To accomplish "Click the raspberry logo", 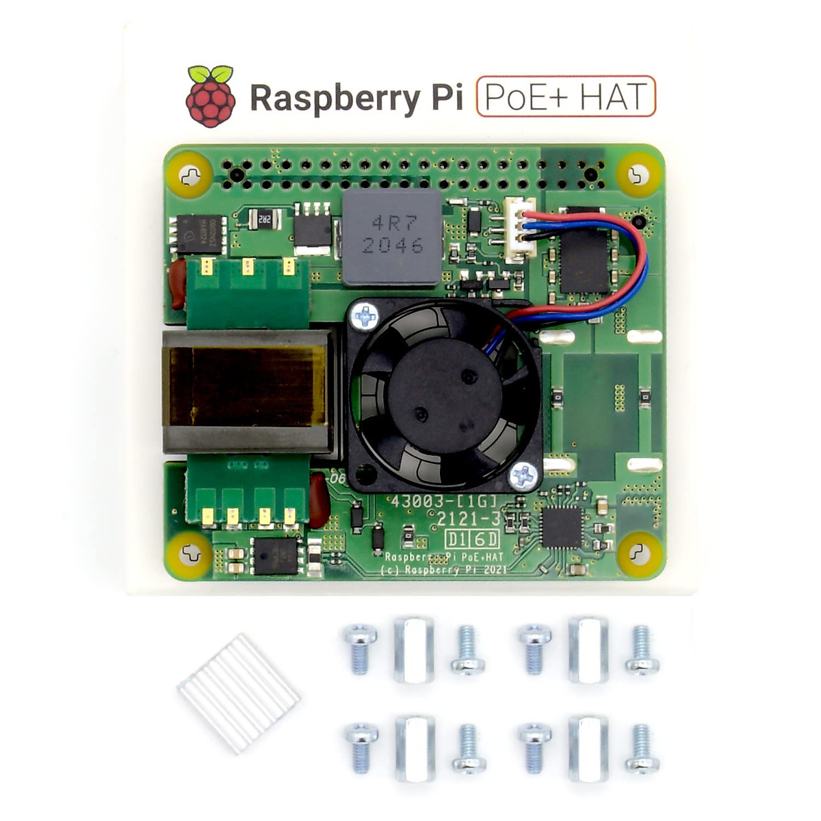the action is coord(211,96).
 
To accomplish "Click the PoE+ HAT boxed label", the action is coord(566,96).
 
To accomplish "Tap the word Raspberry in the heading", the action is coord(333,98).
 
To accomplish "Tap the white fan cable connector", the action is coord(520,229).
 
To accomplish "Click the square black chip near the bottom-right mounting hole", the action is coord(561,527).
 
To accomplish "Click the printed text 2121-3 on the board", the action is coord(469,519).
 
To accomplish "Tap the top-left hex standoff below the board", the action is coord(413,650).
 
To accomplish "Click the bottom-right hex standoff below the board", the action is coord(588,748).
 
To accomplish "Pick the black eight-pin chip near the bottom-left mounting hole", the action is coord(276,555).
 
